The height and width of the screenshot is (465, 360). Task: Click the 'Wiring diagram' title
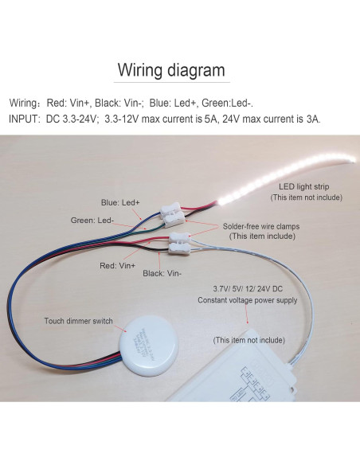[x=171, y=69]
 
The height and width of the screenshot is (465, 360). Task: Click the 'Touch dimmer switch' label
[x=79, y=322]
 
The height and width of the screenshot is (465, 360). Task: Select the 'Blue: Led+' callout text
[x=120, y=202]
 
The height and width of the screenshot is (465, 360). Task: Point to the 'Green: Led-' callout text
[x=92, y=220]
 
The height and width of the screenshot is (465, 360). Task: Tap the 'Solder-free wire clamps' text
[x=261, y=226]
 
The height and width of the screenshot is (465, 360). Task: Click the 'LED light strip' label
[x=298, y=186]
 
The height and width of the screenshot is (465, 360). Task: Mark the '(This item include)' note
[x=260, y=236]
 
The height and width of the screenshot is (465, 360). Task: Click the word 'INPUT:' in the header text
[x=26, y=119]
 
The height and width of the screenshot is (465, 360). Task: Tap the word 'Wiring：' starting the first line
[x=27, y=103]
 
